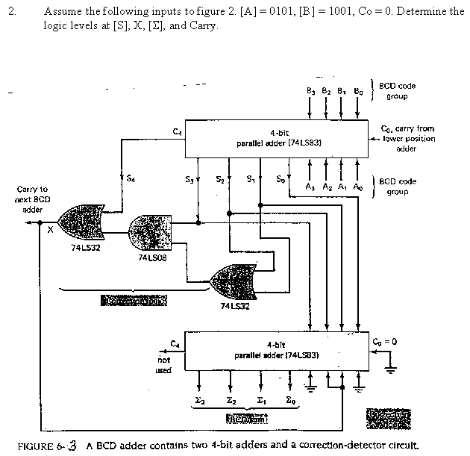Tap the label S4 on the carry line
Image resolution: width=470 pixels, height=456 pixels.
(131, 177)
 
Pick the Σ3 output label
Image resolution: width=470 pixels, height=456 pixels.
(199, 402)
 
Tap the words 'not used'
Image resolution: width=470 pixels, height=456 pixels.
(163, 363)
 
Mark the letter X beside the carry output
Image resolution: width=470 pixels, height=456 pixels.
(50, 231)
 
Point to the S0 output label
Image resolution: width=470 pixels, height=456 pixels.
(280, 179)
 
